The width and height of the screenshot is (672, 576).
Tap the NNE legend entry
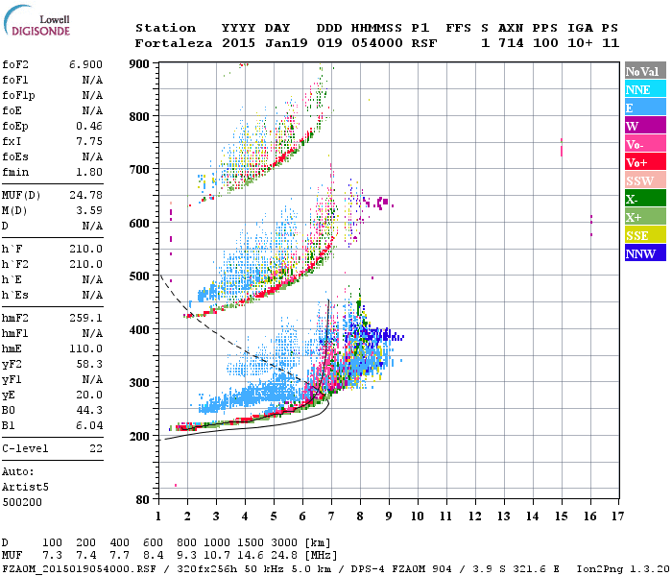[639, 89]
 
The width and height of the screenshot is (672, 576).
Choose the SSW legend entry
[639, 181]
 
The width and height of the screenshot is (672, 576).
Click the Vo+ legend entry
[639, 163]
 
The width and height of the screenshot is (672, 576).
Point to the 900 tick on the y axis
[139, 64]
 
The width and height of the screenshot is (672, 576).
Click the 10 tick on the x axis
[417, 516]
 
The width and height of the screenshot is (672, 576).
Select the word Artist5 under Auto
[23, 487]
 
